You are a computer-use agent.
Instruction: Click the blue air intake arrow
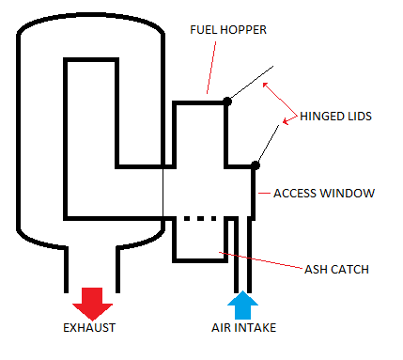tap(241, 304)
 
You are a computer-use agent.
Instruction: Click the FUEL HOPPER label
tap(228, 30)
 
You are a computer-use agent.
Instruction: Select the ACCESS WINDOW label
tap(324, 193)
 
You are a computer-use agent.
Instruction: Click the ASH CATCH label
tap(336, 270)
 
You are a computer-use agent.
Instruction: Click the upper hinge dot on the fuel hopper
tap(226, 101)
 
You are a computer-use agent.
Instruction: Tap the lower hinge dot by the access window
tap(256, 165)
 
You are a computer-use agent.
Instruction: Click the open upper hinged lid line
tap(250, 84)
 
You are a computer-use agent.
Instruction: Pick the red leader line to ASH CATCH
tap(263, 259)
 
